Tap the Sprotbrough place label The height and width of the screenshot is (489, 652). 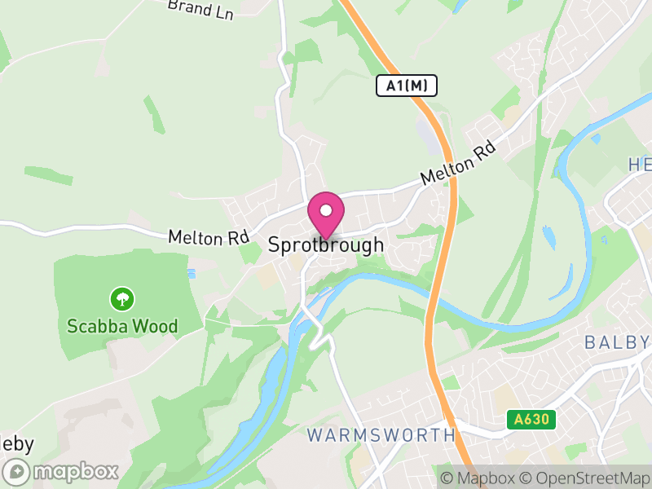point(325,245)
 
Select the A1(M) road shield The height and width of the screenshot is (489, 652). point(407,85)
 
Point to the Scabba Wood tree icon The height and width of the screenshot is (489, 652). point(122,299)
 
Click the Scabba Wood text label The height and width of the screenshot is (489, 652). point(122,327)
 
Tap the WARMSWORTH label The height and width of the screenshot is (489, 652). point(381,434)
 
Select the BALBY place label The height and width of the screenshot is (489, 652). point(617,341)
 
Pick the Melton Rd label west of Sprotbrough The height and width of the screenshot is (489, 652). point(208,237)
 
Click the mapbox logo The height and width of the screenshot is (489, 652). point(62,471)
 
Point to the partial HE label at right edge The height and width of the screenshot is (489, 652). point(640,165)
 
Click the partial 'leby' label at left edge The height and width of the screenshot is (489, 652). point(16,443)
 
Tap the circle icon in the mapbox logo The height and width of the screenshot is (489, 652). point(16,471)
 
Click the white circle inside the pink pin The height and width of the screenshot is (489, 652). point(326,210)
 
